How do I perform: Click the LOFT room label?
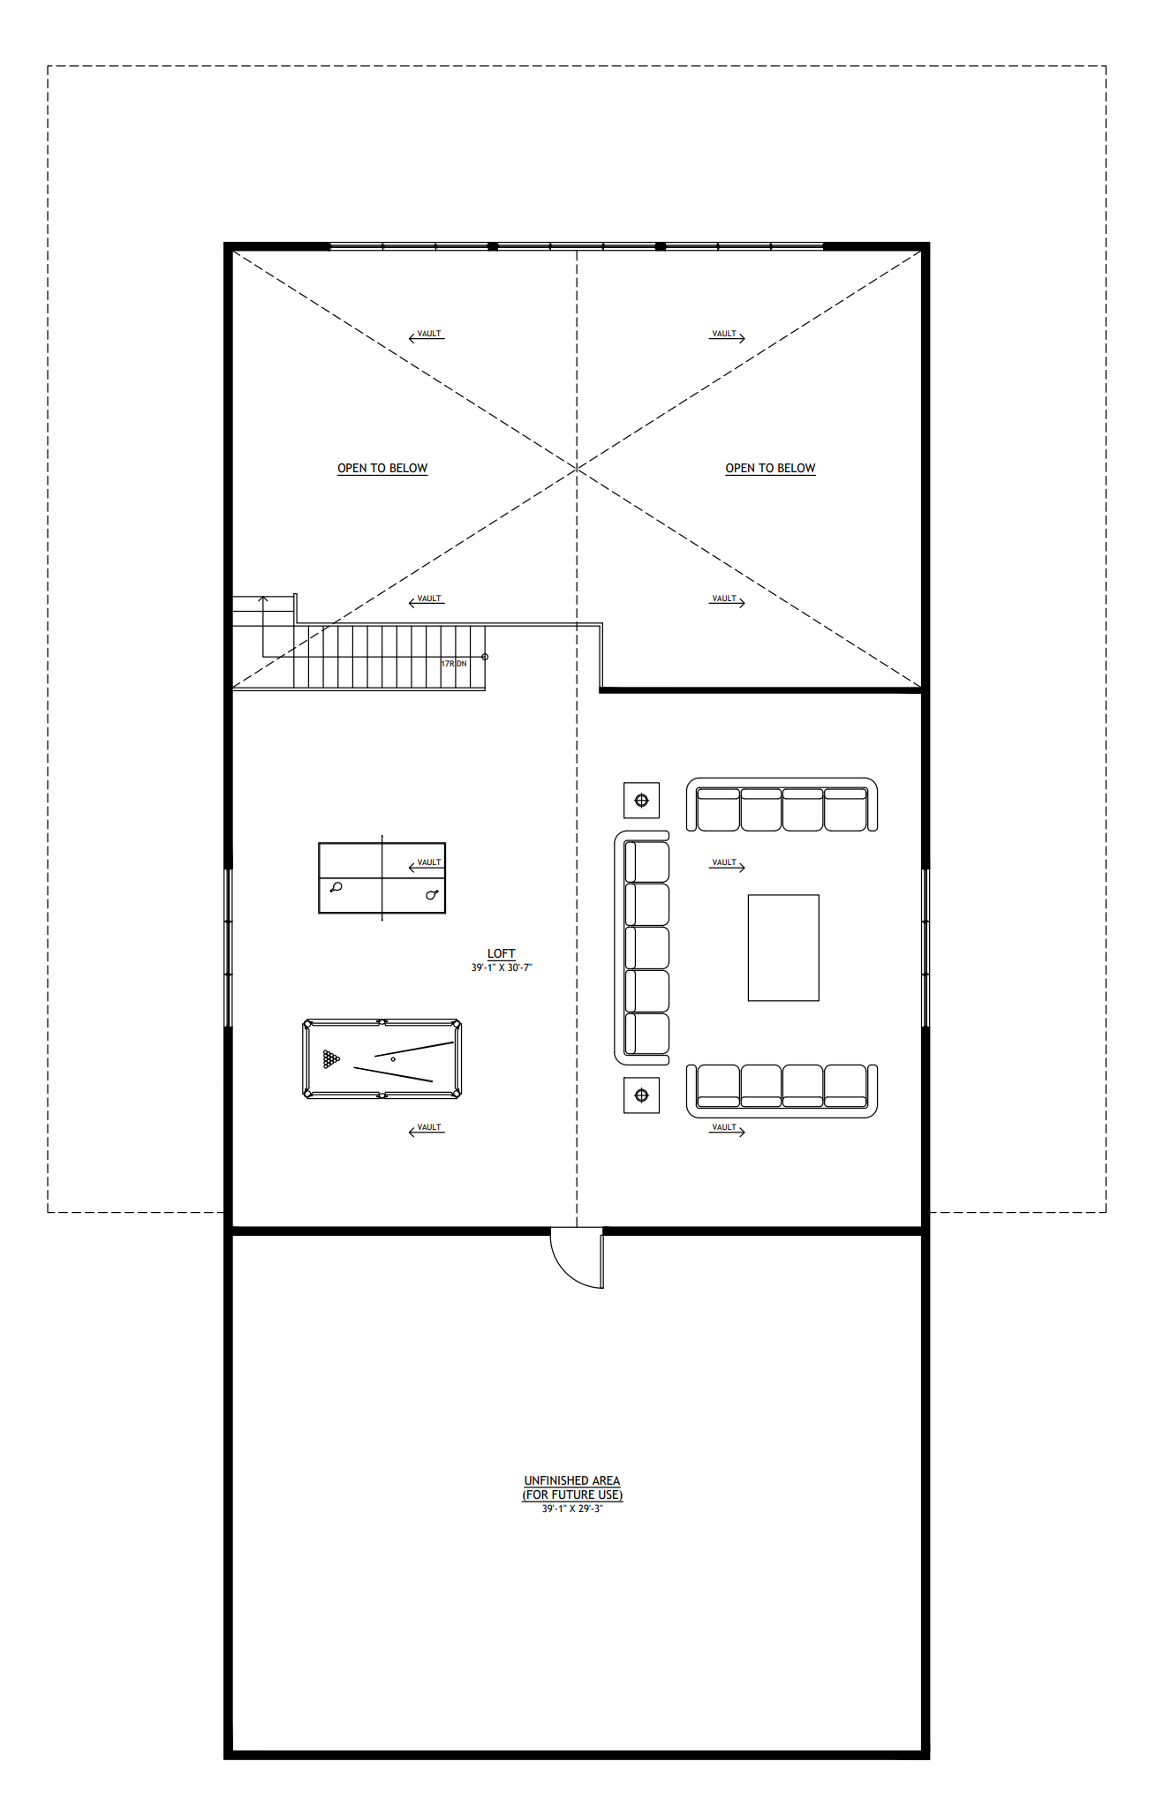click(501, 953)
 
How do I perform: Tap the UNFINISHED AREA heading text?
click(572, 1480)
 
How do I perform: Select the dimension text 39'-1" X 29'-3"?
click(572, 1509)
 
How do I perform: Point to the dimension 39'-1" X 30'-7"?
click(502, 967)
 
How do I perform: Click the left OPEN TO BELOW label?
click(382, 468)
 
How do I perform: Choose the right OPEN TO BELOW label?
click(770, 468)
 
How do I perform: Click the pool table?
click(382, 1059)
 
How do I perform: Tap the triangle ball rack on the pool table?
click(331, 1058)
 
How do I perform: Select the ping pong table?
click(382, 878)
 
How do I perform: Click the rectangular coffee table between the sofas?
click(783, 948)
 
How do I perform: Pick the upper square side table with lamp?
click(641, 801)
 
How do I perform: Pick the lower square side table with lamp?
click(641, 1095)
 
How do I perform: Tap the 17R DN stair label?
click(454, 664)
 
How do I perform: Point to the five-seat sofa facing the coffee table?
click(643, 947)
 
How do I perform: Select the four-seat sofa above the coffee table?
click(782, 805)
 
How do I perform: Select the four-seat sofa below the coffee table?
click(782, 1090)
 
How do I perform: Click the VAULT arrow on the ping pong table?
click(427, 865)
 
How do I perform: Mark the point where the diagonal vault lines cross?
click(577, 468)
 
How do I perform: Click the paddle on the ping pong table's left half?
click(336, 887)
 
